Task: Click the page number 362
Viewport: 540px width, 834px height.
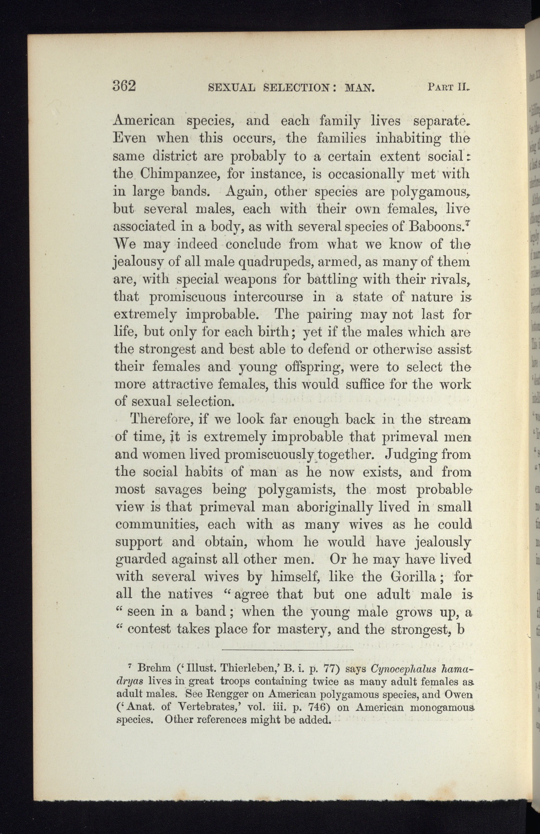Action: point(124,86)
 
